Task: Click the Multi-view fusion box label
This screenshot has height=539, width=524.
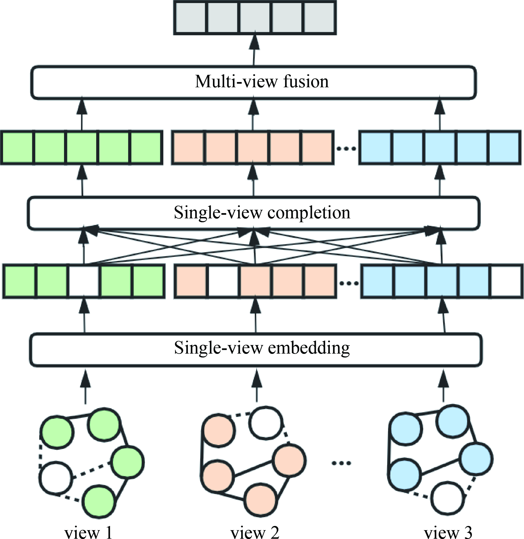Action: (x=262, y=82)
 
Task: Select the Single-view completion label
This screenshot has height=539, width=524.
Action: (x=262, y=213)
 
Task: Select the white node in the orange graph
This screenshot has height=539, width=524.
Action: (x=266, y=423)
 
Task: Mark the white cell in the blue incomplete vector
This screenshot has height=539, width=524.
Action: (x=506, y=281)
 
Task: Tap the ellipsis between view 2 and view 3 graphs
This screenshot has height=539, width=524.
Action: (x=341, y=463)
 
